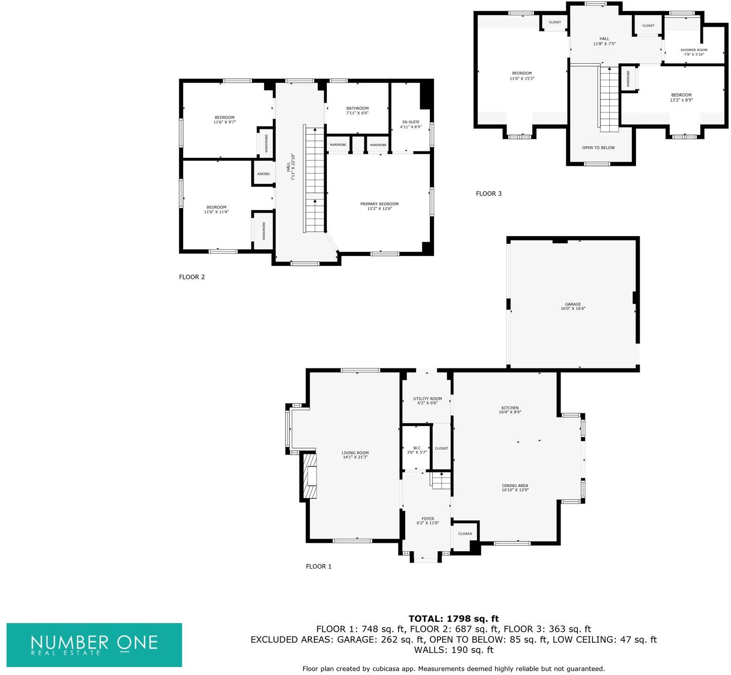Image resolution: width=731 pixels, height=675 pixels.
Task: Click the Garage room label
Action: [x=573, y=304]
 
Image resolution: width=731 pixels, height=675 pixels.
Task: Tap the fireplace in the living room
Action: [x=309, y=476]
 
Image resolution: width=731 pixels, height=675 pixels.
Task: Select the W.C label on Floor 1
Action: [x=416, y=448]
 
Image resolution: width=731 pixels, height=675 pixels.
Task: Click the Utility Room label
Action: [x=427, y=399]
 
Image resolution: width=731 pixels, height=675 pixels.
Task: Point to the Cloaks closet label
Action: [x=465, y=533]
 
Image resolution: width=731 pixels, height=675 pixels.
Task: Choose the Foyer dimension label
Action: [x=428, y=523]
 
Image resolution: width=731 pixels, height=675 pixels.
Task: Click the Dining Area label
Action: [x=515, y=486]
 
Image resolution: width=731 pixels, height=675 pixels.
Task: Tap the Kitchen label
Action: [x=510, y=408]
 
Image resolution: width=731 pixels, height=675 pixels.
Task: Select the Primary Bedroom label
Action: [x=379, y=204]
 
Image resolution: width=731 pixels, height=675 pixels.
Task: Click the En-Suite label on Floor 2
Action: [x=411, y=122]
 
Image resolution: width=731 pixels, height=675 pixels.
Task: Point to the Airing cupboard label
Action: [x=263, y=174]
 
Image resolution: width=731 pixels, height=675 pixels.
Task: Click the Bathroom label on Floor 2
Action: [x=357, y=108]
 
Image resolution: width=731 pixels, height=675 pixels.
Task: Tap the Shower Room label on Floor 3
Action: [x=694, y=50]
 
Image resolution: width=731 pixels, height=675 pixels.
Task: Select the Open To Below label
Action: [x=598, y=148]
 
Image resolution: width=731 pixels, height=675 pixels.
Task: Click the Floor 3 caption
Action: [x=488, y=194]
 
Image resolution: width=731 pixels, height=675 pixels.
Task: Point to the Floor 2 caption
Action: [x=192, y=277]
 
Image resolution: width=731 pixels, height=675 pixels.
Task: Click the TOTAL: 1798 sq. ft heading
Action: [x=453, y=619]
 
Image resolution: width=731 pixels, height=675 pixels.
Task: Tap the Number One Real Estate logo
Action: [x=94, y=645]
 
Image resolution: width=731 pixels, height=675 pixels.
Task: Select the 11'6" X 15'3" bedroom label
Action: [x=522, y=76]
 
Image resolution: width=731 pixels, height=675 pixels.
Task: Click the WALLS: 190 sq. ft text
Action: [x=453, y=650]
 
